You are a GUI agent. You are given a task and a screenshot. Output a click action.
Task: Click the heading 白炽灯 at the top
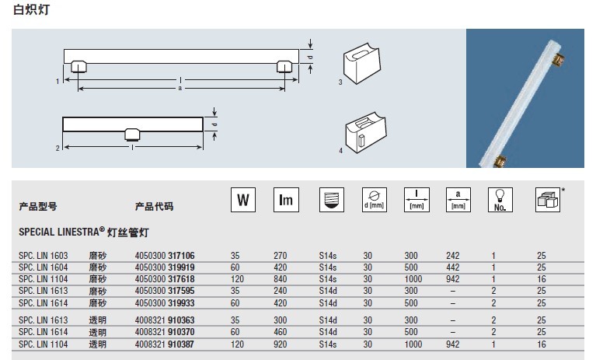[32, 10]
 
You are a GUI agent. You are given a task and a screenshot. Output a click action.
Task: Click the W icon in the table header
[242, 200]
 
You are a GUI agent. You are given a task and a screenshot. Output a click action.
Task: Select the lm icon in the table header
[286, 200]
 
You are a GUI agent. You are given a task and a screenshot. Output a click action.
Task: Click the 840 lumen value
[281, 278]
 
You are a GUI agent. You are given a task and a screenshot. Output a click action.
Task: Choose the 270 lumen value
[281, 255]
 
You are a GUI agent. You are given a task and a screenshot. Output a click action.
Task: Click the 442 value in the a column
[453, 267]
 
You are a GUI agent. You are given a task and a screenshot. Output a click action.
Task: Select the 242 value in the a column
[453, 255]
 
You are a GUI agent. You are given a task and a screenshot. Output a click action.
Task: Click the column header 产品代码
[154, 207]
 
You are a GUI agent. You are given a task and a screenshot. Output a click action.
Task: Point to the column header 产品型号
[37, 207]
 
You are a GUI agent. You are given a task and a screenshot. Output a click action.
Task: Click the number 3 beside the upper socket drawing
[340, 82]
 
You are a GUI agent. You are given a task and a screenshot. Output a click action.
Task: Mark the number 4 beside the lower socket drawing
[340, 150]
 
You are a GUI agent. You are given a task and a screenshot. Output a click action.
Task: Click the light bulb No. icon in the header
[497, 200]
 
